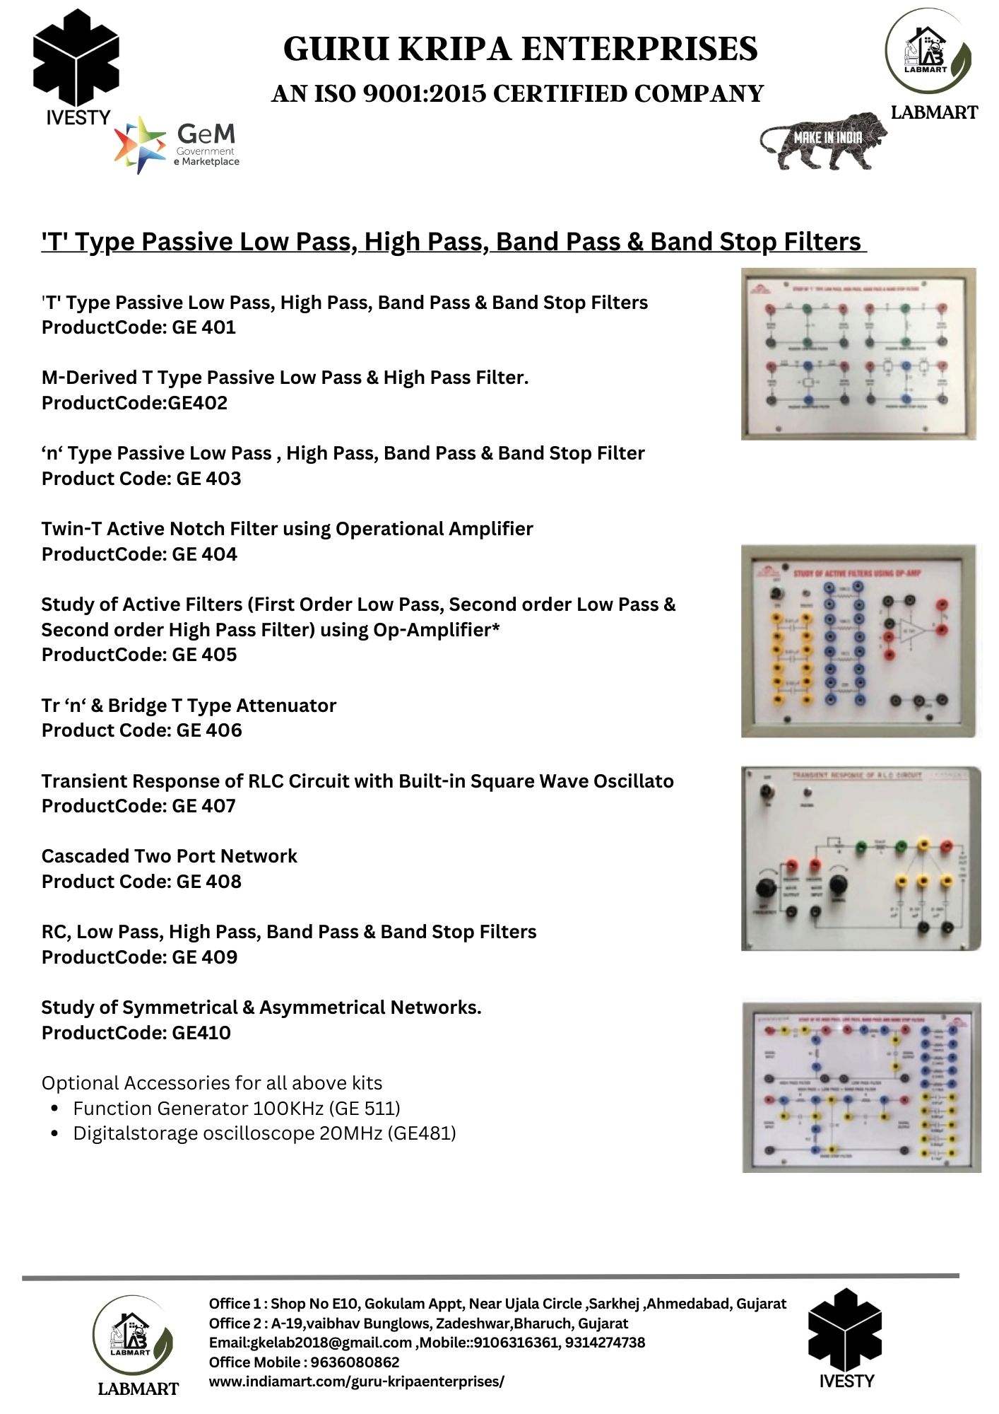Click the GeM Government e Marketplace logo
177,144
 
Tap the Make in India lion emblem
824,141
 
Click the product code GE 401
203,327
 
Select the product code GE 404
204,554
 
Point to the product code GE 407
203,806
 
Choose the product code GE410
201,1033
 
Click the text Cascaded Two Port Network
169,856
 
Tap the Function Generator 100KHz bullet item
236,1108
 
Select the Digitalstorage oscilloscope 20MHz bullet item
264,1133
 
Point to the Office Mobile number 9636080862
355,1362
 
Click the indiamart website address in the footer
356,1381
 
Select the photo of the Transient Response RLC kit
860,858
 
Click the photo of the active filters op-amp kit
859,641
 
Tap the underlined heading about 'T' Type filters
452,242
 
